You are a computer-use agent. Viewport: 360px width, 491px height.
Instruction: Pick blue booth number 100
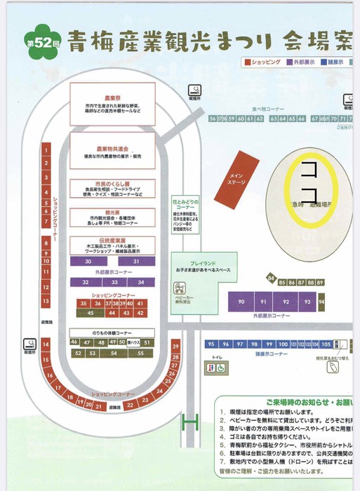282,344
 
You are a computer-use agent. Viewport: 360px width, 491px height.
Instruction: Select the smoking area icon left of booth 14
30,344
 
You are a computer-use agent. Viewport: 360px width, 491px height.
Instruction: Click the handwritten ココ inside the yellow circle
309,180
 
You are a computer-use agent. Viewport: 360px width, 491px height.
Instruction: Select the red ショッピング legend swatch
247,62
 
